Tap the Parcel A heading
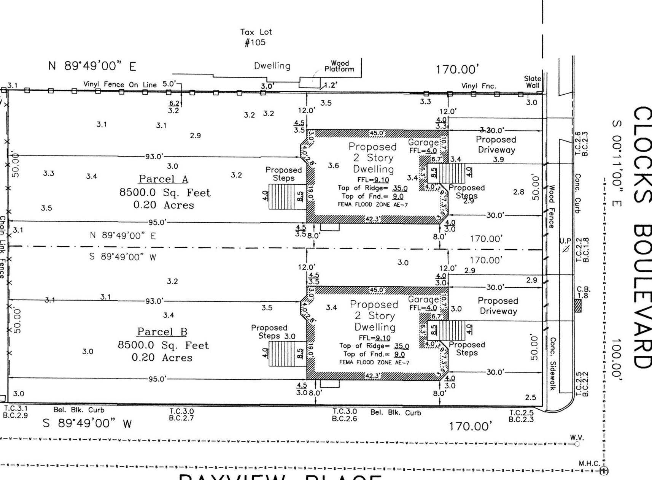[163, 179]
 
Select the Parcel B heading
[162, 332]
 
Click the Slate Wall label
[532, 82]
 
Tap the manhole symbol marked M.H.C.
[604, 471]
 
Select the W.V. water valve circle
[577, 444]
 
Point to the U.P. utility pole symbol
[566, 249]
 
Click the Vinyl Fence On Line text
[120, 84]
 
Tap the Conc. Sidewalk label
[552, 363]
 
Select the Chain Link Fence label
[2, 247]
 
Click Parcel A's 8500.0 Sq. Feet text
[165, 193]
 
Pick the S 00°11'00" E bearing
[616, 164]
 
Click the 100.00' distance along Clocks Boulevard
[616, 359]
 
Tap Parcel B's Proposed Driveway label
[498, 306]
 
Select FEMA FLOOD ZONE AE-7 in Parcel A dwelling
[373, 204]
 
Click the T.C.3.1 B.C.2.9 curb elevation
[15, 412]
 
